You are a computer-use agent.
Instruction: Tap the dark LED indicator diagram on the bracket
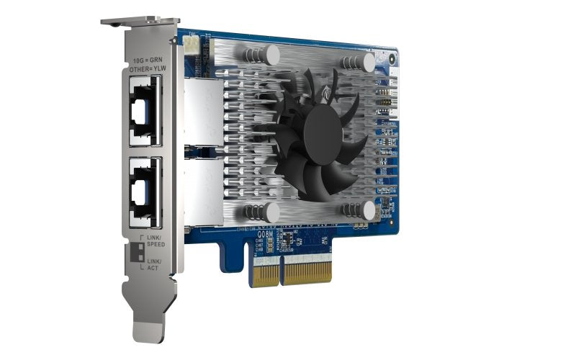pyautogui.click(x=135, y=253)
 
